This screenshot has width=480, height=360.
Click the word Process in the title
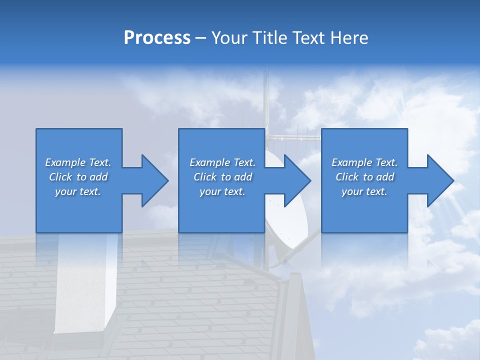point(157,38)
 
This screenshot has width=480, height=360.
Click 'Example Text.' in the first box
point(78,162)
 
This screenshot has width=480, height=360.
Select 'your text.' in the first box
point(78,191)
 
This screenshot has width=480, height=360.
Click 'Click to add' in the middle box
point(222,177)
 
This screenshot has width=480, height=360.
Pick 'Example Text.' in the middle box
point(222,162)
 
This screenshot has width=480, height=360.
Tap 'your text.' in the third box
point(364,191)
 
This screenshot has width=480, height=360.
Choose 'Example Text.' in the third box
point(364,162)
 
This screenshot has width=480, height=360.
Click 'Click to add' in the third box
point(364,177)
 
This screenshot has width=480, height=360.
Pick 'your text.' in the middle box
point(222,191)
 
